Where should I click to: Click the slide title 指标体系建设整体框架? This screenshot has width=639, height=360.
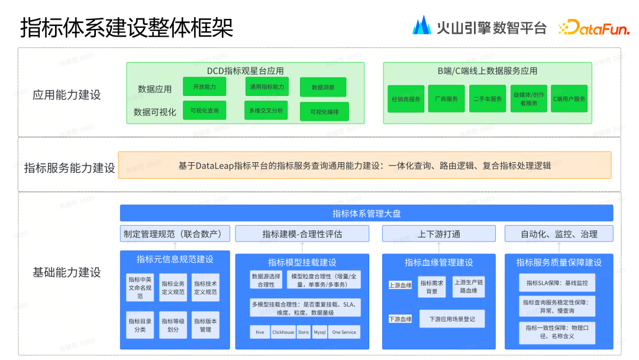pos(127,27)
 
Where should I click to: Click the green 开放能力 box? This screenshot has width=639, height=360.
pos(204,86)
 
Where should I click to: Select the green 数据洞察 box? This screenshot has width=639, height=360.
pos(323,87)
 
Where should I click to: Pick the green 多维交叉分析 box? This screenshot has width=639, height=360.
pos(266,111)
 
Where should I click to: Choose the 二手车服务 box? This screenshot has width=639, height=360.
pos(488,99)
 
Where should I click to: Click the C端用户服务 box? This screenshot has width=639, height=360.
pos(569,99)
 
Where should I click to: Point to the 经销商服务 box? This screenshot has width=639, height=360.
pos(406,99)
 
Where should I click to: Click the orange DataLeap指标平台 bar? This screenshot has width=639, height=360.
pos(364,165)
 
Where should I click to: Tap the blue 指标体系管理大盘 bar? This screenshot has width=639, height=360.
pos(366,213)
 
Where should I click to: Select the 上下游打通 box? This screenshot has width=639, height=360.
pos(438,234)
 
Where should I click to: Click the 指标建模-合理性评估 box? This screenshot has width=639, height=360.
pos(302,234)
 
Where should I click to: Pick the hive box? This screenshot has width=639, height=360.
pos(260,332)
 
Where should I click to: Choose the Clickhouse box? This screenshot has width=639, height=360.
pos(283,332)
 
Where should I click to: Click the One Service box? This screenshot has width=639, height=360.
pos(344,332)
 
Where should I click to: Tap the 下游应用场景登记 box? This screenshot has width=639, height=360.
pos(451,319)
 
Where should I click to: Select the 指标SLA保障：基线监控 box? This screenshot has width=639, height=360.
pos(557,282)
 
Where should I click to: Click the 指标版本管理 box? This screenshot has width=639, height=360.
pos(205,325)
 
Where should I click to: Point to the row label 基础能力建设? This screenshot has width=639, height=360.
pos(67,272)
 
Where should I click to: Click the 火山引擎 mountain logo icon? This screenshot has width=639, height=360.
pos(422,25)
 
